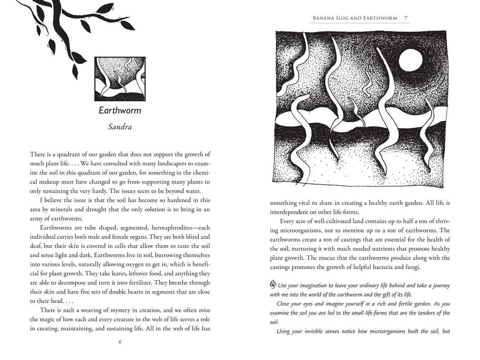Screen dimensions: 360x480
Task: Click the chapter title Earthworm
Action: (x=120, y=111)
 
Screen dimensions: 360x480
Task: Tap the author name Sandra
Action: (x=120, y=127)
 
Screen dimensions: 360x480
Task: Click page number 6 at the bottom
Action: (x=120, y=342)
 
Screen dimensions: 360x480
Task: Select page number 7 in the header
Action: (x=406, y=18)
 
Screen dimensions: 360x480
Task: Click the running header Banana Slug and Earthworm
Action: (x=355, y=18)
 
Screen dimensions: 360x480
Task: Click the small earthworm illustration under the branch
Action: (x=120, y=79)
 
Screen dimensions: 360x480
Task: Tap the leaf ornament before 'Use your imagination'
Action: (x=273, y=285)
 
